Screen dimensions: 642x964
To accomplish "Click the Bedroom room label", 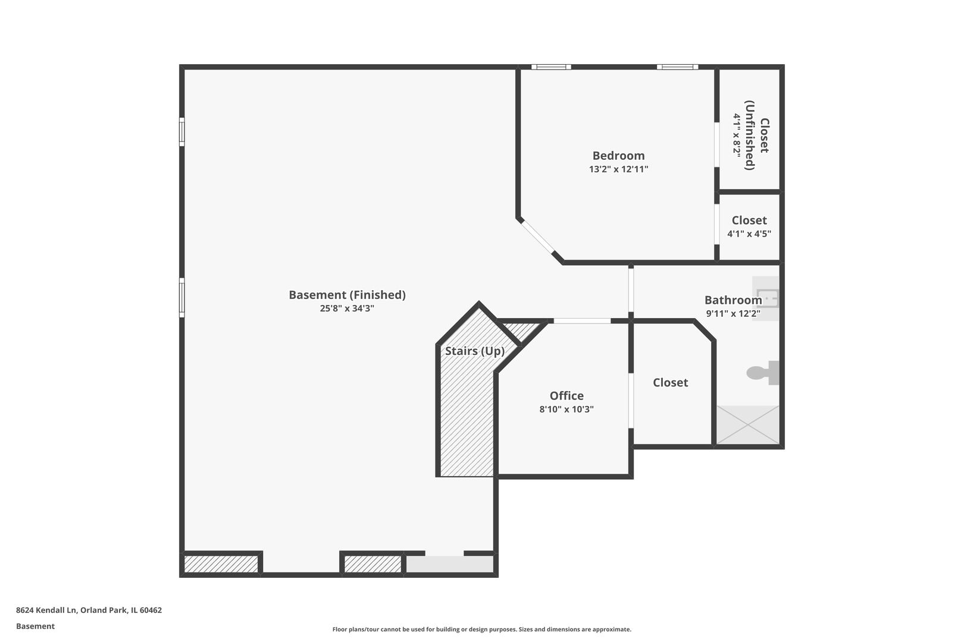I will tap(618, 156).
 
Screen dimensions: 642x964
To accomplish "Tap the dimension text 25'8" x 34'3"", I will tap(347, 309).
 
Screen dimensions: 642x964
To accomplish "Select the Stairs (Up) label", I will tap(474, 351).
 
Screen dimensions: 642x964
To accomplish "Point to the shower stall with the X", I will tap(747, 424).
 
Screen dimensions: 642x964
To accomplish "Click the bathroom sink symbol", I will tap(766, 298).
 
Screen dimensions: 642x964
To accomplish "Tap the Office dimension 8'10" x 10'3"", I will tap(566, 410).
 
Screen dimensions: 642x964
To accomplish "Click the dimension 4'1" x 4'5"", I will tap(749, 234).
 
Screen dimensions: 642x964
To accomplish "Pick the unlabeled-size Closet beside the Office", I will tap(670, 383).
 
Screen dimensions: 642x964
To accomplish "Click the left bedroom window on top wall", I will tap(551, 67).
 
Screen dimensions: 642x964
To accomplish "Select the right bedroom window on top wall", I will tap(677, 67).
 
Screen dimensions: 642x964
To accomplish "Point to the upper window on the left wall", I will tap(182, 131).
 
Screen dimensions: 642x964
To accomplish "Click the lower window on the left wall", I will tap(182, 297).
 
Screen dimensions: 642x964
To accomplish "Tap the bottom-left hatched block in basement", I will tap(221, 564).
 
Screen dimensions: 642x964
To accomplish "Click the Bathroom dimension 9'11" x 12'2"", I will tap(733, 314).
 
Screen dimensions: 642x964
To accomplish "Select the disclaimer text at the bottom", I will tap(481, 629).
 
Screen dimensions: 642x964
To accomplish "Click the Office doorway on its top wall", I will tap(581, 321).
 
